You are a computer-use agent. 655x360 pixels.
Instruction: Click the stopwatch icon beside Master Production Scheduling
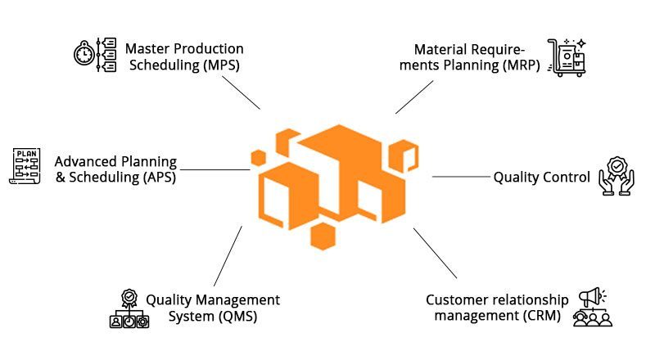tap(84, 53)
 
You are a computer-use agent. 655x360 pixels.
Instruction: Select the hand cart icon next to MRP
tap(567, 57)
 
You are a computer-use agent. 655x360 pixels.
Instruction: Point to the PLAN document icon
tap(25, 166)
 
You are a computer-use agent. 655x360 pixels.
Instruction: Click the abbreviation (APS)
tap(159, 177)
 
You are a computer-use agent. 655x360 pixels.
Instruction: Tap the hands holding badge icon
tap(617, 176)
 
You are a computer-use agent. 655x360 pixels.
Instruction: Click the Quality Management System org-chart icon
tap(129, 309)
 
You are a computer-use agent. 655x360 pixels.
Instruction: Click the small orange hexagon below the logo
tap(323, 236)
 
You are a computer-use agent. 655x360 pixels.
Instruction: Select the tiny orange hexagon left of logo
tap(259, 158)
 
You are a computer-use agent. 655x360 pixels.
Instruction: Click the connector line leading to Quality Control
tap(461, 177)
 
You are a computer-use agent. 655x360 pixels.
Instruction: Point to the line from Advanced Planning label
tap(215, 169)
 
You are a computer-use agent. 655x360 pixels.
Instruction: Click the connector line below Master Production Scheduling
tap(241, 92)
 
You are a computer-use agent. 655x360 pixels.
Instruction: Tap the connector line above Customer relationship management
tap(435, 253)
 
